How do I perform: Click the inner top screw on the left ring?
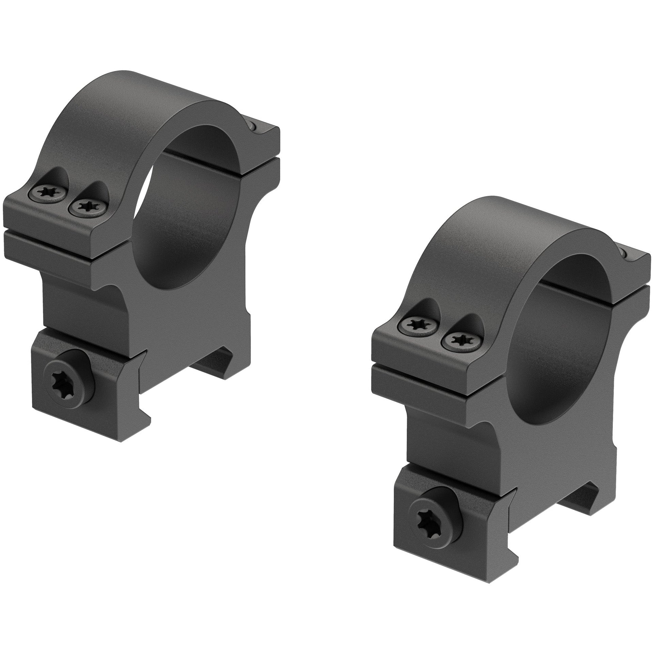[87, 207]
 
